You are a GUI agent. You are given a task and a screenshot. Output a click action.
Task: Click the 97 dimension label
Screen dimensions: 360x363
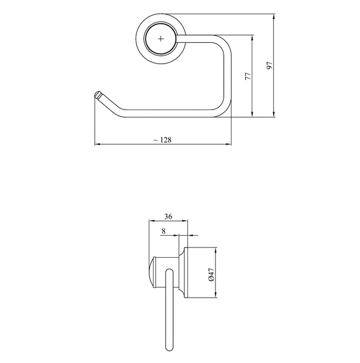[x=270, y=65]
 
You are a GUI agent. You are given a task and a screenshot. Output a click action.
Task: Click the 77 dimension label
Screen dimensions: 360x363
[x=248, y=76]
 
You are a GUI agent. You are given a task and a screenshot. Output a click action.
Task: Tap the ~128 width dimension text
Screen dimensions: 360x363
[x=162, y=140]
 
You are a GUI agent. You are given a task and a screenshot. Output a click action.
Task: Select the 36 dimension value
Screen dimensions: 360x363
[x=168, y=217]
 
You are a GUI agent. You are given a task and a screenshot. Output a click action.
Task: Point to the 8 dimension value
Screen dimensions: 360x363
[x=164, y=231]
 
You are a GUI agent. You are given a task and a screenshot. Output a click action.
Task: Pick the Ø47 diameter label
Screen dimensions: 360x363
[x=212, y=275]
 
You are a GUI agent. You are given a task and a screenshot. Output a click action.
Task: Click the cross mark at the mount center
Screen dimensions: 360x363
[x=161, y=39]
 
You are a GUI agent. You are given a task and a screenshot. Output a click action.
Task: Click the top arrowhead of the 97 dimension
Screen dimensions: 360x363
[x=274, y=17]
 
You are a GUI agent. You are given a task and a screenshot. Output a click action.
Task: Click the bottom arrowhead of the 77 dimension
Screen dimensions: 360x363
[x=252, y=114]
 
